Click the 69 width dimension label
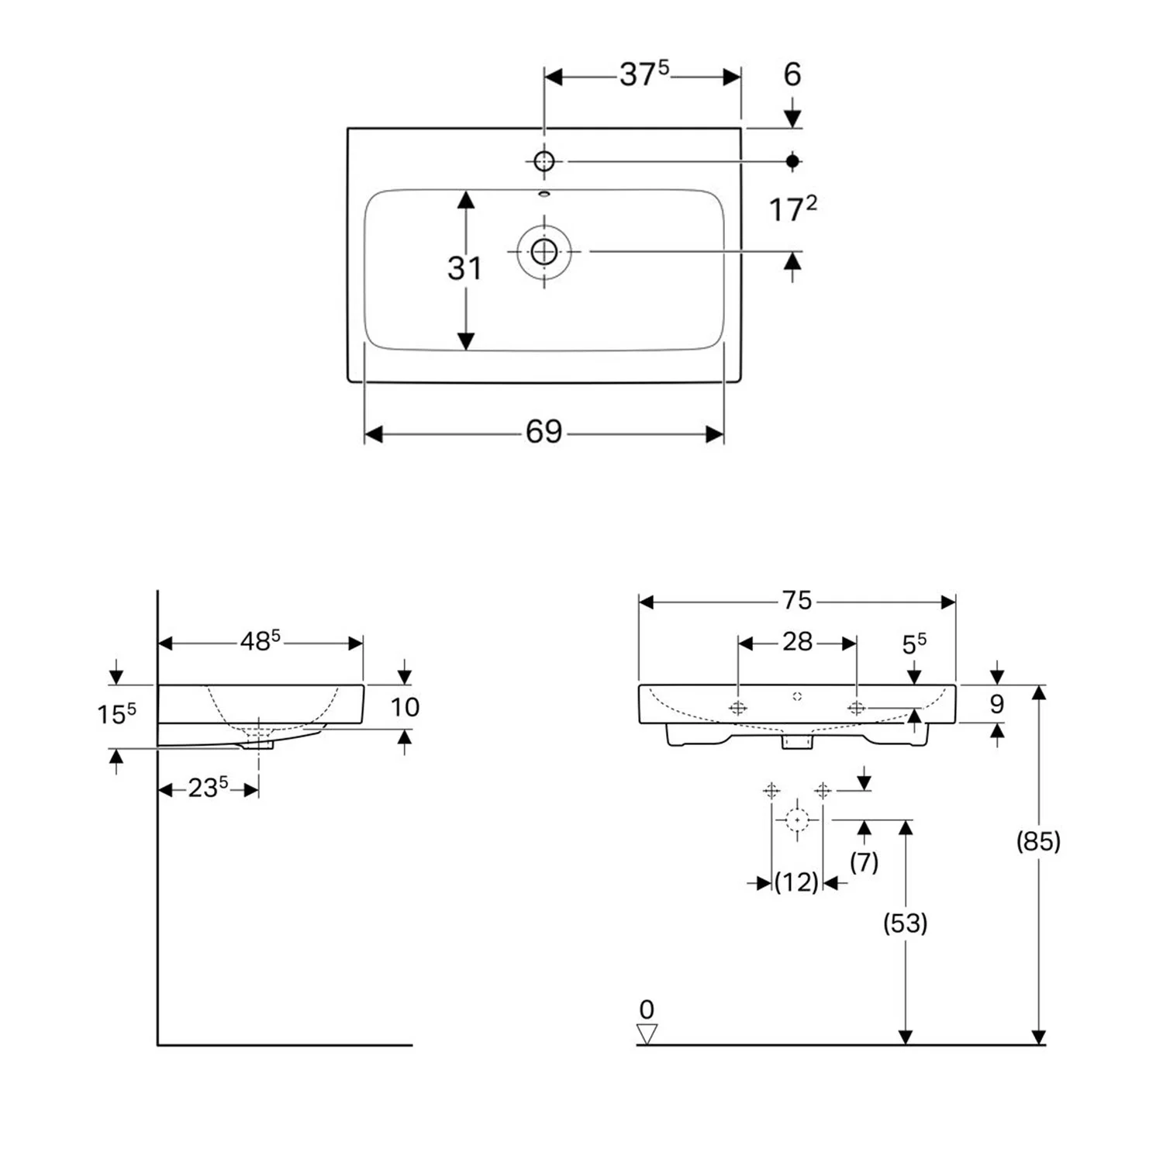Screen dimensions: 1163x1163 coord(544,432)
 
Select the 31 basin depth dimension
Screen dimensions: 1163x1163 coord(464,268)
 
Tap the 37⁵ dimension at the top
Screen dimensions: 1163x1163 coord(644,74)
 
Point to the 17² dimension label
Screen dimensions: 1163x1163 coord(792,209)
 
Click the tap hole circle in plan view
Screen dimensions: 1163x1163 coord(544,161)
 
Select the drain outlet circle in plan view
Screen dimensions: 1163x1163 coord(544,251)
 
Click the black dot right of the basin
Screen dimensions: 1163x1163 coord(792,160)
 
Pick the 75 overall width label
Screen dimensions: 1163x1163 coord(796,601)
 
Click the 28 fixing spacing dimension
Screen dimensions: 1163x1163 coord(797,642)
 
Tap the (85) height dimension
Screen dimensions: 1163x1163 coord(1038,840)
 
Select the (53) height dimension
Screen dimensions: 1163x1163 coord(905,923)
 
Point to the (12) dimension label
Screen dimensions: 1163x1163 coord(796,882)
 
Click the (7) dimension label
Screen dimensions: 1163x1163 coord(864,861)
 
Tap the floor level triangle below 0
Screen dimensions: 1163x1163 coord(647,1034)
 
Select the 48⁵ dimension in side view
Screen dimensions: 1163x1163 coord(260,641)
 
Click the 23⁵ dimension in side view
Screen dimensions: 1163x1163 coord(208,788)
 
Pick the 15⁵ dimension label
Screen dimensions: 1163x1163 coord(116,713)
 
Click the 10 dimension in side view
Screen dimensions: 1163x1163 coord(405,707)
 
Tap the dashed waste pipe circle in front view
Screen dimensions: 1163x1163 coord(797,820)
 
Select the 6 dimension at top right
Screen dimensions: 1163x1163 coord(792,74)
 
